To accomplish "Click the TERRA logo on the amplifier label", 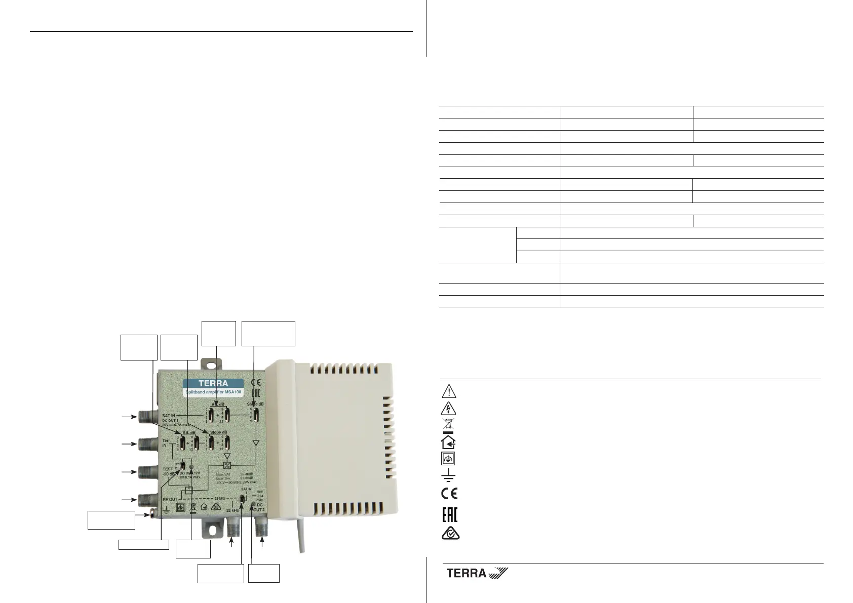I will point(213,383).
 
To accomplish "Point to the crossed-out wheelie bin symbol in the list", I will point(449,425).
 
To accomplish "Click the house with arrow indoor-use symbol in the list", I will point(449,442).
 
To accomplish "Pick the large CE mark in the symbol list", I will point(449,492).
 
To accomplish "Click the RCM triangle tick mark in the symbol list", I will point(449,535).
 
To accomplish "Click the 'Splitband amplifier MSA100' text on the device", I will point(212,393).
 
